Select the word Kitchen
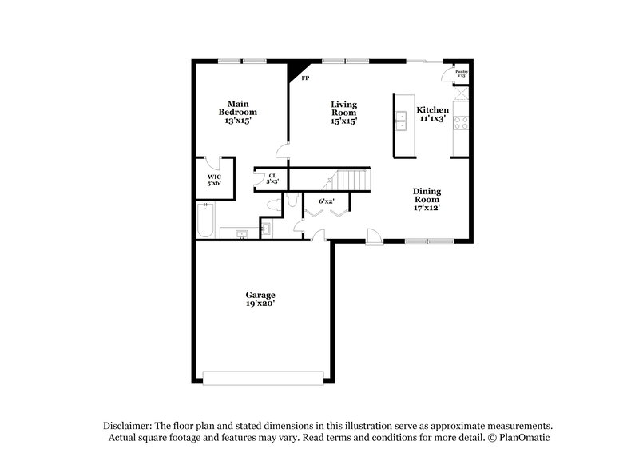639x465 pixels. point(432,110)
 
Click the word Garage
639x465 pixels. point(260,295)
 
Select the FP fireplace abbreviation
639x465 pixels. point(305,78)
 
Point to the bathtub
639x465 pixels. point(206,220)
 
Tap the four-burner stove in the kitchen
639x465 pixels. point(460,123)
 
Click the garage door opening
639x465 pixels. point(264,376)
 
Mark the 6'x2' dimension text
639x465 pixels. point(326,201)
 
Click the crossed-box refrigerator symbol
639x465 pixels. point(460,92)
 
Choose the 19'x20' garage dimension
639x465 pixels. point(260,304)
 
